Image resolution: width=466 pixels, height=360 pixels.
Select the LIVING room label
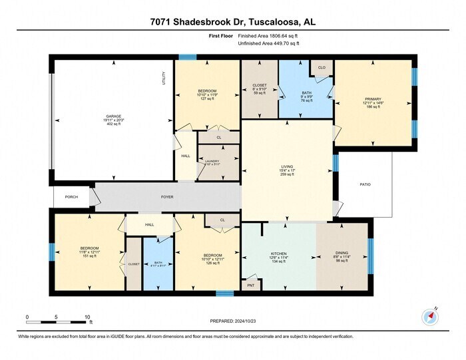coord(288,167)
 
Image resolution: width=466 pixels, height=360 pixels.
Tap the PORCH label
coord(71,197)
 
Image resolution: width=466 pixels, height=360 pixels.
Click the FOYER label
coord(167,197)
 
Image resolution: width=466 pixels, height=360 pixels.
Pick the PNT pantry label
coord(250,285)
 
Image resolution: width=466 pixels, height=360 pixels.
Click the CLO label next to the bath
coord(322,68)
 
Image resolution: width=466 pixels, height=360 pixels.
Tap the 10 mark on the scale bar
coord(87,317)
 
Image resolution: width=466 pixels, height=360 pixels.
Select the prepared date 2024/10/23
coord(232,321)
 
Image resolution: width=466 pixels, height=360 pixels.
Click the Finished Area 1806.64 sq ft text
coord(268,36)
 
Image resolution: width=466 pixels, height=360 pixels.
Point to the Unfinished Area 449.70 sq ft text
coord(268,43)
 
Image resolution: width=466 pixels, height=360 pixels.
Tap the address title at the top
coord(233,22)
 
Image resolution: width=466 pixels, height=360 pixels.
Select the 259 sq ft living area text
coord(288,176)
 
